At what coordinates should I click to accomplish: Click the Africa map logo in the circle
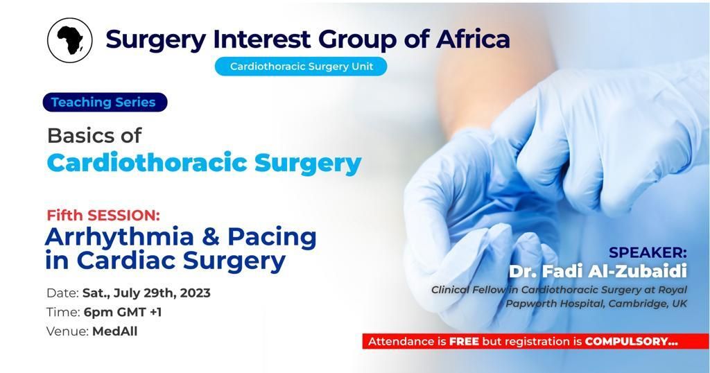(70, 40)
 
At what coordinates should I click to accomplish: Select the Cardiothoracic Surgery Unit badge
(301, 66)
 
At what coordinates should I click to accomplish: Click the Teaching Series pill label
(105, 103)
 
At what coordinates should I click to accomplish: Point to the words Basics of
(94, 135)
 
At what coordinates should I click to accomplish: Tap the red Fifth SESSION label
(103, 215)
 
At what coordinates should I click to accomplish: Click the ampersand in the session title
(211, 236)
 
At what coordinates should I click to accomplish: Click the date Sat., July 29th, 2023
(146, 293)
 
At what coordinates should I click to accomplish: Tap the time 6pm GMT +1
(123, 313)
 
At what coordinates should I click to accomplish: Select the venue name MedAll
(115, 331)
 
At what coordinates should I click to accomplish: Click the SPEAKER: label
(648, 252)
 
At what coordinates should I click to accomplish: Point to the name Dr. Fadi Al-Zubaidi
(598, 271)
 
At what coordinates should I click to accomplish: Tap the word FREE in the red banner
(464, 342)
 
